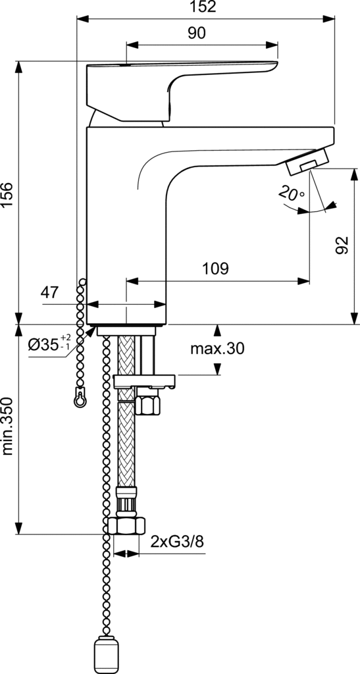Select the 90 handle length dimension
(x=197, y=33)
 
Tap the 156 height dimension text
(x=7, y=195)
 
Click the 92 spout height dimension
(x=342, y=246)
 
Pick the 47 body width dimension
(x=49, y=293)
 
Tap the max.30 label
(x=217, y=349)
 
